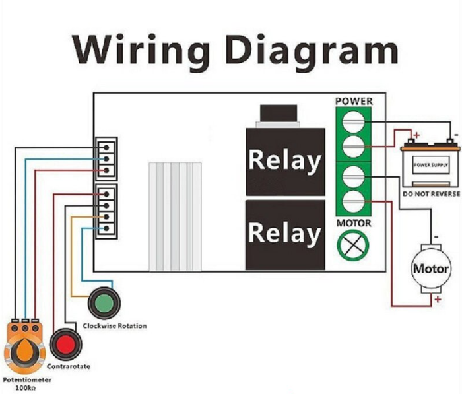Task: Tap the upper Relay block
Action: (284, 161)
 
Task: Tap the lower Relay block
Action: (284, 234)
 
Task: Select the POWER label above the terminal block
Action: (354, 102)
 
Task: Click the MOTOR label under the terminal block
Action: (354, 224)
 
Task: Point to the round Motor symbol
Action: (430, 269)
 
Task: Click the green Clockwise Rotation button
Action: (104, 304)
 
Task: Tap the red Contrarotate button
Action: (65, 344)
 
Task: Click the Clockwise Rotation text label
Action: (115, 325)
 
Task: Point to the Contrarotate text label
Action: (68, 366)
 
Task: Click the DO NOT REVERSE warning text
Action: (426, 195)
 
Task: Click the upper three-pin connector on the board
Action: (106, 158)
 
